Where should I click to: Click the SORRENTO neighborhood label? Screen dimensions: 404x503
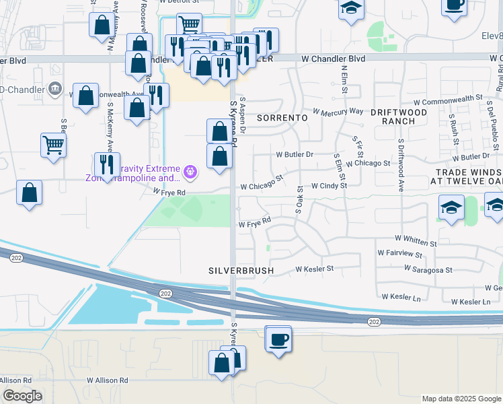pos(282,117)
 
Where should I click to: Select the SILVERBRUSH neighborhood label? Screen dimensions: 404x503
pos(241,270)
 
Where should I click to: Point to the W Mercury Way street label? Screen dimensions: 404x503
pos(338,110)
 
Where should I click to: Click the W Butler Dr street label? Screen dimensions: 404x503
pos(295,154)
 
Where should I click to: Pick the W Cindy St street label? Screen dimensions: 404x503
pos(328,185)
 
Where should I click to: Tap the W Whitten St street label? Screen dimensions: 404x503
pos(416,239)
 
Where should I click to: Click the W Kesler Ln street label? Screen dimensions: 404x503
pos(466,302)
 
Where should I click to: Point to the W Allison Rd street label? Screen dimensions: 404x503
pos(108,380)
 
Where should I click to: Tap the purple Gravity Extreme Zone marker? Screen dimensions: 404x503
pos(191,172)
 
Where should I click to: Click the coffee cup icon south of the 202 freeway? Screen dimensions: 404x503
pos(278,339)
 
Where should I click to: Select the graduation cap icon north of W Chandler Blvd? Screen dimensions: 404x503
pos(350,9)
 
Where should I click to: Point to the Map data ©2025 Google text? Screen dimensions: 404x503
pos(461,399)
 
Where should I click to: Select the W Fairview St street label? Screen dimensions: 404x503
pos(399,255)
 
